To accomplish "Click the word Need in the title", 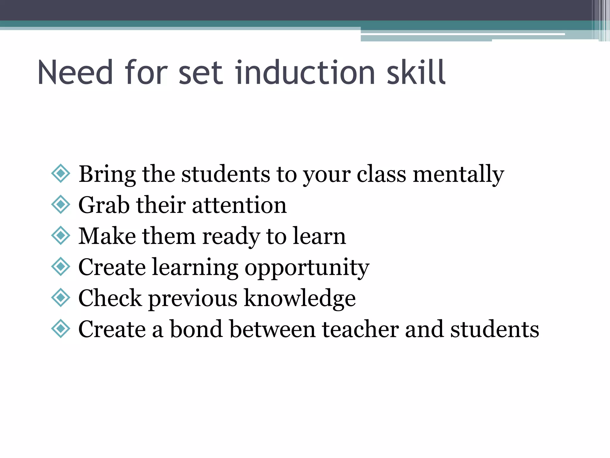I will [75, 72].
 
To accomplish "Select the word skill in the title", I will [416, 72].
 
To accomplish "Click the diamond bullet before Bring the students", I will [61, 173].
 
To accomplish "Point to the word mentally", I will [458, 174].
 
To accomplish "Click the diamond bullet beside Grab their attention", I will [61, 205].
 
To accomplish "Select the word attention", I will [239, 205].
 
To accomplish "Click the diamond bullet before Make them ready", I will [61, 235].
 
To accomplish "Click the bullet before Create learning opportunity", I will [61, 266].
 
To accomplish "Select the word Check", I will [110, 298].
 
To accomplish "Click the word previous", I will [193, 298].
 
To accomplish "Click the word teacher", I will [360, 329].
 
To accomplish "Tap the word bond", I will [196, 329].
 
